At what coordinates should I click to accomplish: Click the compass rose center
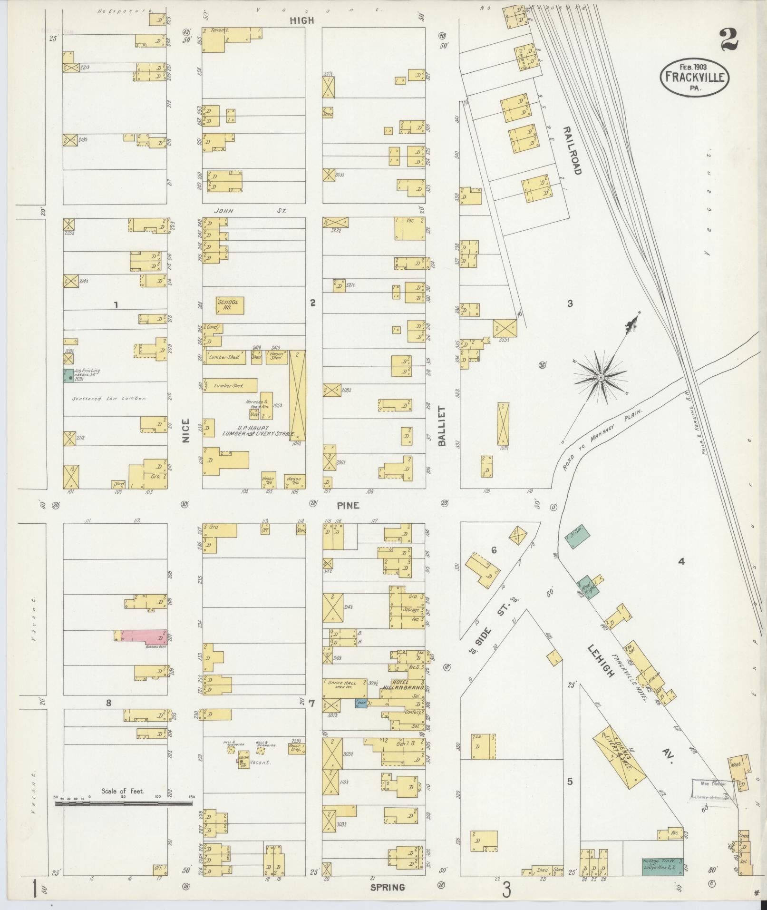(x=600, y=377)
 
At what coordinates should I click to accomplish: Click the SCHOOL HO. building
(x=230, y=305)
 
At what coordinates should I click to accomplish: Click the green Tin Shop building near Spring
(x=661, y=866)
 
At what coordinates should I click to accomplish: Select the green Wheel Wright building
(x=588, y=585)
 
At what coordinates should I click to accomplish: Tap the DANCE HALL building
(x=345, y=689)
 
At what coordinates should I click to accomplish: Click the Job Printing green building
(x=68, y=375)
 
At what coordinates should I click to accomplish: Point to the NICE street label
(x=185, y=430)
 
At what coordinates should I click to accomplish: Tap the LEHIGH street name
(x=601, y=661)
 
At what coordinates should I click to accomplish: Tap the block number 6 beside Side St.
(x=494, y=550)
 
